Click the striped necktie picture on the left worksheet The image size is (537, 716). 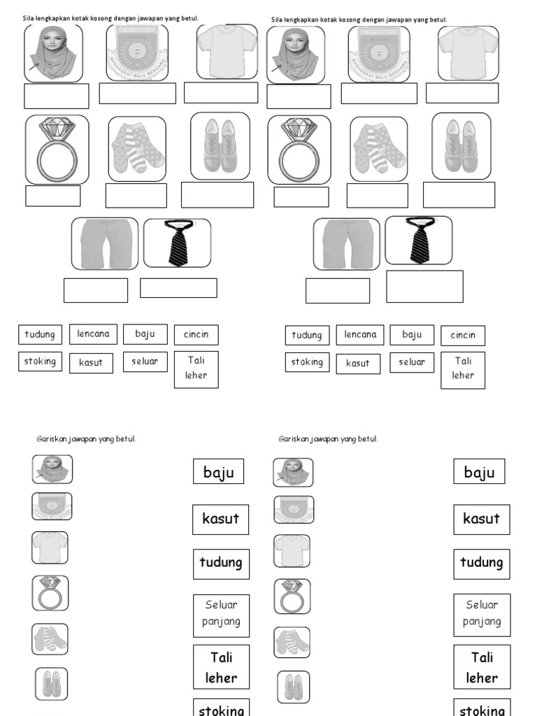coord(177,243)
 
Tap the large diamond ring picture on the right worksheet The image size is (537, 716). coord(299,150)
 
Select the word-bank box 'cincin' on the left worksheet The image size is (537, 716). coord(196,335)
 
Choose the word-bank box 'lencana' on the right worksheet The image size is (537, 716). coord(360,335)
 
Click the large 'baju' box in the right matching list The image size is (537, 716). coord(479,472)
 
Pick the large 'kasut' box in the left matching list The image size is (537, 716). coord(220,519)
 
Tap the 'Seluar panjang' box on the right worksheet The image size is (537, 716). coord(481,613)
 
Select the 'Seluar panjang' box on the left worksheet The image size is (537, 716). coord(221,613)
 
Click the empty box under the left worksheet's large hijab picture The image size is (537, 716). coord(57,96)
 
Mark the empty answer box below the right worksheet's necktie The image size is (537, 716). coord(424,287)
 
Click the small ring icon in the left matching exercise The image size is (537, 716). coord(50,593)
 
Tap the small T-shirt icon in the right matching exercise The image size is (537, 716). coord(292,551)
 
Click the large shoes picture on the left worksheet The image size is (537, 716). coord(220,145)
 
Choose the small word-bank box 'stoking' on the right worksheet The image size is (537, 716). coord(307,362)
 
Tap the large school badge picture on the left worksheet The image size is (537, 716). coord(137,52)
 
